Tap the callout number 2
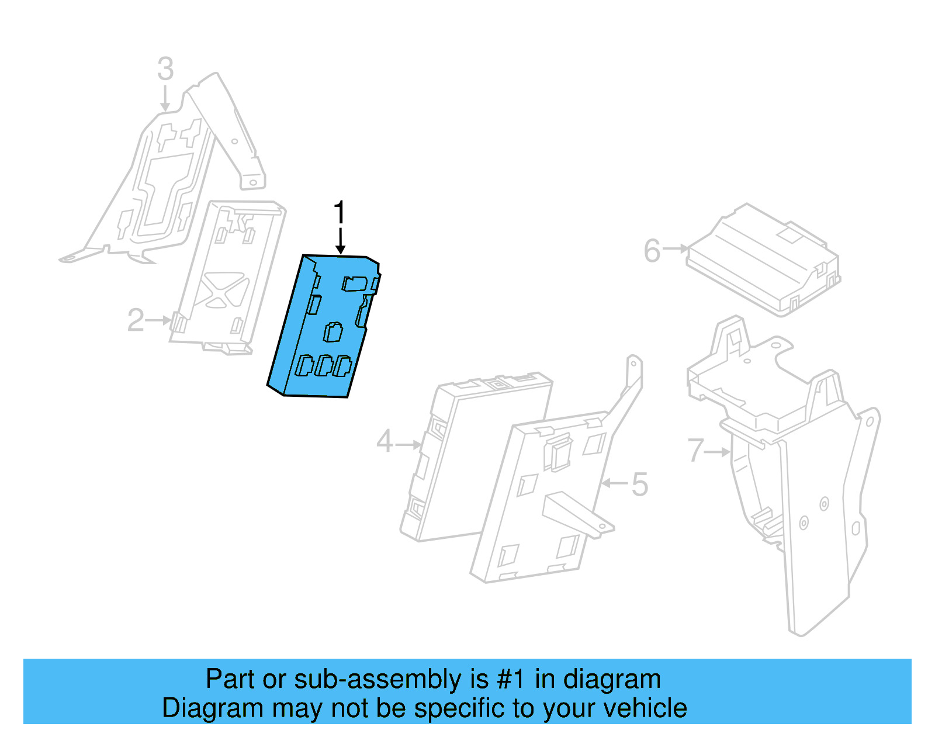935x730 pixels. pos(136,320)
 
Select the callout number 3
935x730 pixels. pos(165,69)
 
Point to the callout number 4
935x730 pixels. pos(385,441)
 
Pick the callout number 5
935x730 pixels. pos(640,485)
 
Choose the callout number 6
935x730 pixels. pos(652,251)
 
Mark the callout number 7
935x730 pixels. pos(695,451)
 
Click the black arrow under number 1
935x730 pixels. pos(340,242)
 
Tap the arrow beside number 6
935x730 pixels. pos(677,249)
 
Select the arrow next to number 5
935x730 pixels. pos(615,483)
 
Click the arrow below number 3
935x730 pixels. pos(165,98)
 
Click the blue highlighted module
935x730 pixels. pos(324,327)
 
